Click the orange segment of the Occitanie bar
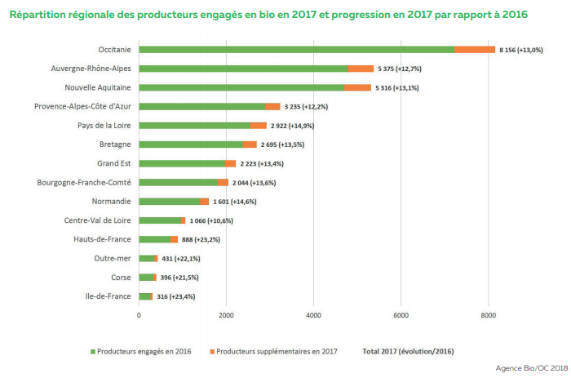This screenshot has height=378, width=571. point(475,50)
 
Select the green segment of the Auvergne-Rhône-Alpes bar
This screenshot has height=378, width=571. point(243,69)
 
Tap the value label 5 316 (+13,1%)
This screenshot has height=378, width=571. point(397,88)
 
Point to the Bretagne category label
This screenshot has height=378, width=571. point(115,145)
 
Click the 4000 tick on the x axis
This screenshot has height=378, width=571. point(313,315)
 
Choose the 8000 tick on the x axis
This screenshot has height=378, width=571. point(489,315)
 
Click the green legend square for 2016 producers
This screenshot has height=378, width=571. point(93,352)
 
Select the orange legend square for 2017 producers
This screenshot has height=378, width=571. point(212,352)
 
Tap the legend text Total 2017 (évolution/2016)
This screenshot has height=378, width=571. point(408,351)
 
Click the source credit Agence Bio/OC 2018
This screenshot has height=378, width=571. point(532,368)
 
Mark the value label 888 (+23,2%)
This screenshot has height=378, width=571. point(201,239)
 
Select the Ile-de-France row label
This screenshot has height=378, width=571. point(108,296)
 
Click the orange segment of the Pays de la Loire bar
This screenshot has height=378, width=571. point(259,126)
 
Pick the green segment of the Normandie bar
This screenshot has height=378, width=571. point(170,202)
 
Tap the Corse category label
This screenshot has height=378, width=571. point(121,278)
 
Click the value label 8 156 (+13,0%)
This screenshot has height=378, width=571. point(521,50)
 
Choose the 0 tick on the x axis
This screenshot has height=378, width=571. point(139,315)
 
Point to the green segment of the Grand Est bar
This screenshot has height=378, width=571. point(182,163)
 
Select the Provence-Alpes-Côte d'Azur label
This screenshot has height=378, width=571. point(82,106)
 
